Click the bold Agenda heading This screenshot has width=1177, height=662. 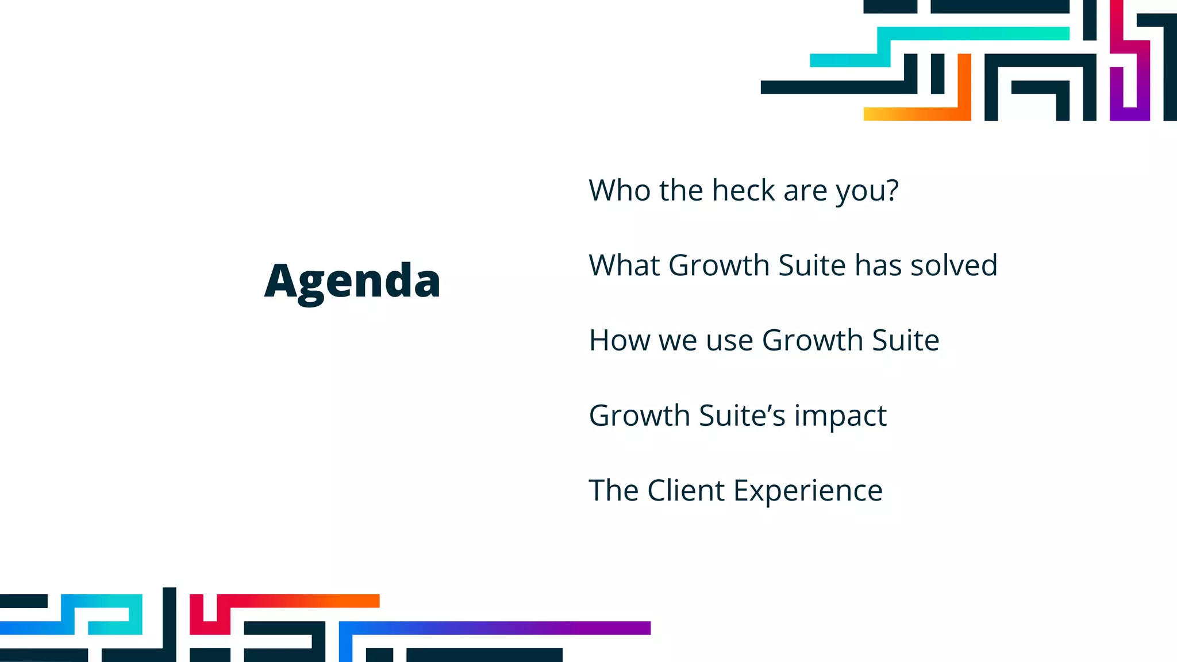click(x=352, y=281)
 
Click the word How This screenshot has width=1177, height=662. click(x=620, y=340)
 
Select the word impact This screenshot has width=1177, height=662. click(x=840, y=416)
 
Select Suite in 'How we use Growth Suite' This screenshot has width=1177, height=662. click(x=905, y=340)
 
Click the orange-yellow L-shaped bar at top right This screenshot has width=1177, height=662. click(x=920, y=114)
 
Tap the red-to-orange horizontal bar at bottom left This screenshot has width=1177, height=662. click(x=299, y=601)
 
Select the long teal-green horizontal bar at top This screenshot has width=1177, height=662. click(x=977, y=33)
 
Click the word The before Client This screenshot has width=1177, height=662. click(x=613, y=491)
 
